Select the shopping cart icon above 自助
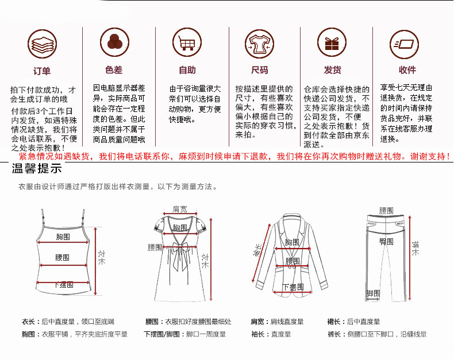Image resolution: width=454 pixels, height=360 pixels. pyautogui.click(x=187, y=42)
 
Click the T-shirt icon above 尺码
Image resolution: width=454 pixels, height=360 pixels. pyautogui.click(x=259, y=42)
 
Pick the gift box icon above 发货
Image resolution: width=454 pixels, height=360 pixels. pyautogui.click(x=332, y=42)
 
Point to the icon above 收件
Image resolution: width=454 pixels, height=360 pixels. pyautogui.click(x=406, y=42)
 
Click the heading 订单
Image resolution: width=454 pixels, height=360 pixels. pyautogui.click(x=42, y=71)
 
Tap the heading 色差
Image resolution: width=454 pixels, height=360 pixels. pyautogui.click(x=114, y=70)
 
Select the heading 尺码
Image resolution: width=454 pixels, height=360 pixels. pyautogui.click(x=260, y=70)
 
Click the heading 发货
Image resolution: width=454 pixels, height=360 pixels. pyautogui.click(x=332, y=70)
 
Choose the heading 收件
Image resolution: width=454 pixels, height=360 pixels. pyautogui.click(x=407, y=70)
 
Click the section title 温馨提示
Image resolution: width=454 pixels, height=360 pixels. pyautogui.click(x=37, y=169)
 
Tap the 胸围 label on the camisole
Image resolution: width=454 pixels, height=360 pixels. pyautogui.click(x=63, y=237)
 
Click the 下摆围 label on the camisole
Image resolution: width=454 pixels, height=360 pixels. pyautogui.click(x=64, y=285)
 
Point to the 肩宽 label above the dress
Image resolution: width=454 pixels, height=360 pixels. pyautogui.click(x=180, y=209)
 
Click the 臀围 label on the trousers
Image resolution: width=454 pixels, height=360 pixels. pyautogui.click(x=386, y=242)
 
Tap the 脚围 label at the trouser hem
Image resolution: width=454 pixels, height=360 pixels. pyautogui.click(x=373, y=293)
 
